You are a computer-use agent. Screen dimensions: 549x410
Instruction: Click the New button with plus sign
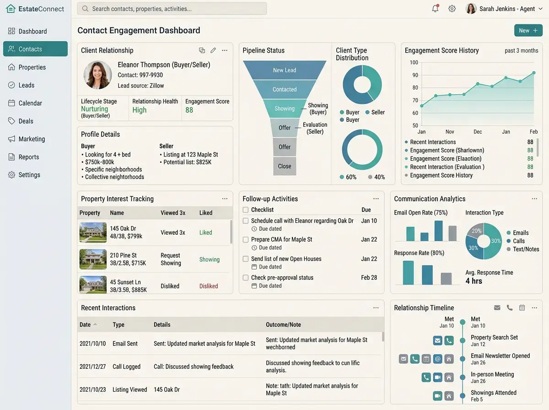(528, 31)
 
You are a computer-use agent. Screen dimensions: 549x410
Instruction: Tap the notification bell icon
(435, 9)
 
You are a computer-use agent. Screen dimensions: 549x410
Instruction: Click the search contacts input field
(172, 9)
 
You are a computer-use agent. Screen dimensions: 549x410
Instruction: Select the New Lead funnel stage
(285, 70)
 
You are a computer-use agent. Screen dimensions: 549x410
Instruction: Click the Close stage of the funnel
(285, 166)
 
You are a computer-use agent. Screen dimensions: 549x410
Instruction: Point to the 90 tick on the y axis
(415, 75)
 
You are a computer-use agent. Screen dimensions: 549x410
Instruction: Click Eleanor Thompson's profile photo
(97, 75)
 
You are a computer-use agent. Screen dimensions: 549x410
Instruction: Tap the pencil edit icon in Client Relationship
(213, 50)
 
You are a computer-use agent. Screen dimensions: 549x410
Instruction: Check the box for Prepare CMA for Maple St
(246, 239)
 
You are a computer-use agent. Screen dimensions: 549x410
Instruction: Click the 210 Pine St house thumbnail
(93, 259)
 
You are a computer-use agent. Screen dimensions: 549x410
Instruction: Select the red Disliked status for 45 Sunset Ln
(209, 286)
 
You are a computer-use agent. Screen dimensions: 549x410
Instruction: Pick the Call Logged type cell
(126, 367)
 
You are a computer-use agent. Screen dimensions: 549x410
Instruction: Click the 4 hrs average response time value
(474, 281)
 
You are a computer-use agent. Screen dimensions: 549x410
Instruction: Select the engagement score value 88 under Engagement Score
(189, 110)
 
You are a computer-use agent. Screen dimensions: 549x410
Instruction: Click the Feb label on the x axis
(533, 132)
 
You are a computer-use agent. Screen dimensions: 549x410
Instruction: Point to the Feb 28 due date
(369, 277)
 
